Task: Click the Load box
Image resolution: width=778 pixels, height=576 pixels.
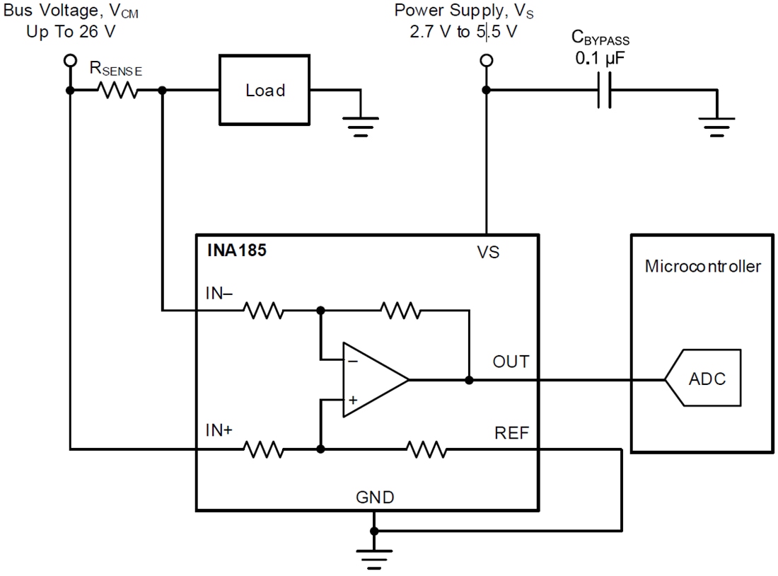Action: pos(265,91)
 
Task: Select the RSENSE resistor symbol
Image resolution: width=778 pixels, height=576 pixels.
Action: pos(117,91)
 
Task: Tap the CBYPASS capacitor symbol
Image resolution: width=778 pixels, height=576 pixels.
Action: pos(603,91)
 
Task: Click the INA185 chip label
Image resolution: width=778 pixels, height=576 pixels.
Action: pos(237,250)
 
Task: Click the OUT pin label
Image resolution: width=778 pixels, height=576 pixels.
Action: pos(510,362)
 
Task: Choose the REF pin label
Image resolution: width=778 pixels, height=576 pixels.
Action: pos(511,432)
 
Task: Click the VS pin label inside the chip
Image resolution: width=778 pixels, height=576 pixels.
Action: pos(488,252)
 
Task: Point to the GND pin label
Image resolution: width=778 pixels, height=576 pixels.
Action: pos(375,497)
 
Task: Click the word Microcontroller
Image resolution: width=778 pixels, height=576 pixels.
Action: pos(703,267)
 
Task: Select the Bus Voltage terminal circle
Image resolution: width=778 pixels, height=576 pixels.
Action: pos(69,61)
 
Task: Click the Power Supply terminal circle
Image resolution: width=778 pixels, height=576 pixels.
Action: pos(486,61)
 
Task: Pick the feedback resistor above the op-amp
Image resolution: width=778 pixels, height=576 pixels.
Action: pos(400,309)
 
